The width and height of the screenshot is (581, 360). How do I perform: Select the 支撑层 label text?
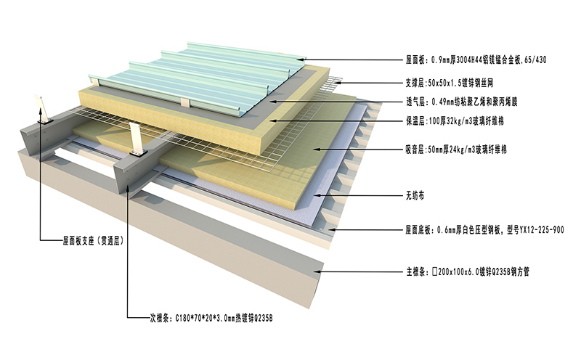[416, 82]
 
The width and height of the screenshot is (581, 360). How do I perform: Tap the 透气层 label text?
[416, 102]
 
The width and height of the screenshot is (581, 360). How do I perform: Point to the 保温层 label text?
[416, 120]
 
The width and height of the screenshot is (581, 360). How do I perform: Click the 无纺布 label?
[415, 195]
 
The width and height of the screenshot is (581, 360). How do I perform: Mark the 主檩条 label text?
[416, 273]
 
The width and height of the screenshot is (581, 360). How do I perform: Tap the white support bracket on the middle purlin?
[135, 141]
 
